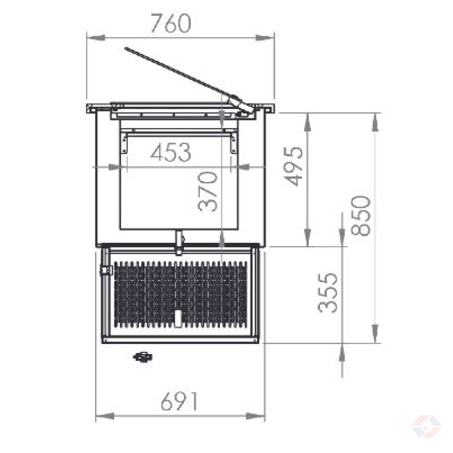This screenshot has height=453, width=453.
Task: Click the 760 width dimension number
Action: (x=171, y=23)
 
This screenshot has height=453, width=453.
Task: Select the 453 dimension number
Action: (x=171, y=152)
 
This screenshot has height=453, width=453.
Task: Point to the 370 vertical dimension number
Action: (x=207, y=192)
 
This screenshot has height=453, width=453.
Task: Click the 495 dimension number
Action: (x=293, y=166)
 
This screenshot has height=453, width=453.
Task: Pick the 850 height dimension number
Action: (x=361, y=216)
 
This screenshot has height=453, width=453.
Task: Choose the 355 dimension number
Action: (x=327, y=293)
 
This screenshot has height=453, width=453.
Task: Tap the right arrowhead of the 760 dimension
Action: (x=265, y=38)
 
